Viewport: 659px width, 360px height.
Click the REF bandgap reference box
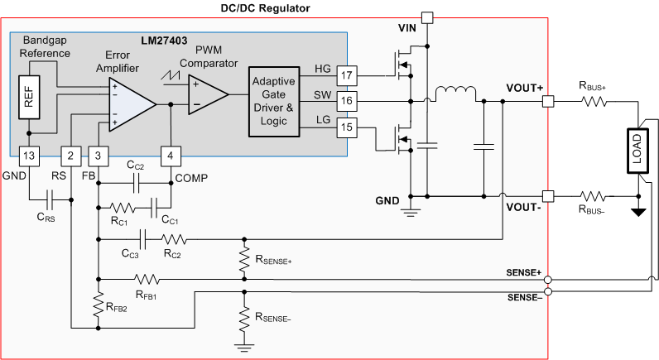(x=28, y=98)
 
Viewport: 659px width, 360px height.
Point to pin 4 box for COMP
(x=170, y=155)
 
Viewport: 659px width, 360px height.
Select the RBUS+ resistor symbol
(x=594, y=103)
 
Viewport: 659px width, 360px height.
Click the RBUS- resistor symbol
(x=594, y=196)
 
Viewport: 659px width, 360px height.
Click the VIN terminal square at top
(x=427, y=17)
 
